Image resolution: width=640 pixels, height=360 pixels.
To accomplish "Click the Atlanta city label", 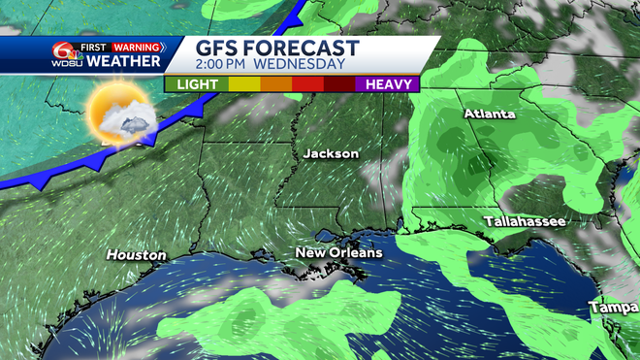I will click(490, 115).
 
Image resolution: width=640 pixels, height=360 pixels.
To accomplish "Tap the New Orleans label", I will click(338, 252).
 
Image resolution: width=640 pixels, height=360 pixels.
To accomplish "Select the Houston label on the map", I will click(136, 254).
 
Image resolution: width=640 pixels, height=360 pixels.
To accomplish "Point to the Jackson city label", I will click(331, 154).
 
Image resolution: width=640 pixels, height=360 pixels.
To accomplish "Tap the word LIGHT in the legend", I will click(196, 84).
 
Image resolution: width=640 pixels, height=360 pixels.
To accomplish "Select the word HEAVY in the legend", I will click(386, 84).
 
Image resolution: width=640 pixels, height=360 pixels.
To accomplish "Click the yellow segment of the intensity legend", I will click(244, 84).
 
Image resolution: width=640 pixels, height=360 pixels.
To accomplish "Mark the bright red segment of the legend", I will click(307, 84).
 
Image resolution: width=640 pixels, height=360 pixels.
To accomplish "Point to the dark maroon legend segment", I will click(339, 84).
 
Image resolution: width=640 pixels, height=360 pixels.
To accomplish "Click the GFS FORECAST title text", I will click(277, 49).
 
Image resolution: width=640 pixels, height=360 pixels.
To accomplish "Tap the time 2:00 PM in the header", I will click(230, 65).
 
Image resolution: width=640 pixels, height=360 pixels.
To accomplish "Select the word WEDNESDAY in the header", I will click(302, 65).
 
